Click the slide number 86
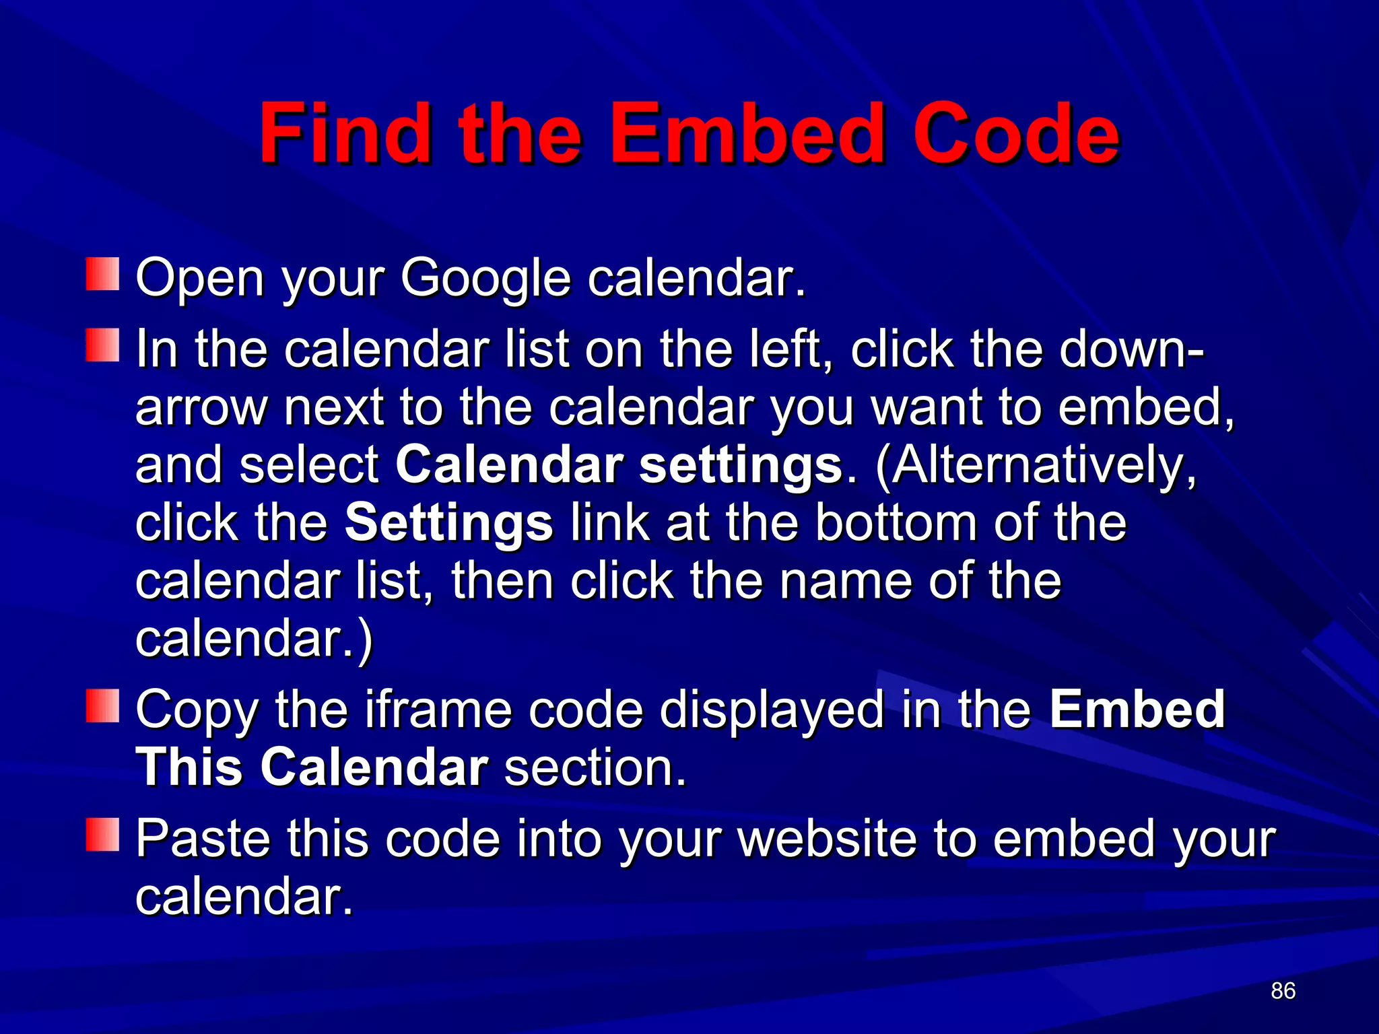click(x=1283, y=990)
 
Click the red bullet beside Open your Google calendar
click(x=102, y=274)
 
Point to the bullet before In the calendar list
click(x=102, y=345)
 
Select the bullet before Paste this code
click(x=102, y=835)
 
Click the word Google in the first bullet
click(x=485, y=278)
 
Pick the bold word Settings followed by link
click(x=448, y=523)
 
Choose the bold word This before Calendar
click(x=189, y=767)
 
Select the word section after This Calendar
click(x=595, y=767)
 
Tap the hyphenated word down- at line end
click(x=1131, y=349)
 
